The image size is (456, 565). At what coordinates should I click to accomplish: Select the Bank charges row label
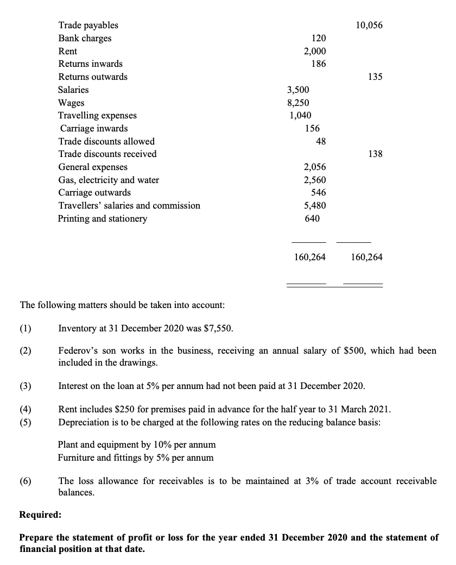point(85,39)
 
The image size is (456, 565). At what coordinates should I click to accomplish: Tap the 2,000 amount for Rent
point(315,51)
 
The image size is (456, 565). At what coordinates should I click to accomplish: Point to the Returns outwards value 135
point(375,77)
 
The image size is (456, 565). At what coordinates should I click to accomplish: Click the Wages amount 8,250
point(299,103)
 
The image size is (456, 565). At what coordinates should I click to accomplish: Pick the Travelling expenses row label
point(97,116)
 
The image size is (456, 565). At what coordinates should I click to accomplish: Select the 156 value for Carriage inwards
point(312,129)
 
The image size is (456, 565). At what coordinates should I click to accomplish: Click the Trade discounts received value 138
point(375,154)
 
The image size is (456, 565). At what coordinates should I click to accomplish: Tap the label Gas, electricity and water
point(109,180)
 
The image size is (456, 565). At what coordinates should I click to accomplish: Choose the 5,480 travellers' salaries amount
point(315,206)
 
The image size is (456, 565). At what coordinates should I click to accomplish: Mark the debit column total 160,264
point(310,258)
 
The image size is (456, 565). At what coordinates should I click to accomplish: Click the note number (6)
point(26,482)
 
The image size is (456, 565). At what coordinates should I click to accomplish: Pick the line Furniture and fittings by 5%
point(136,457)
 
